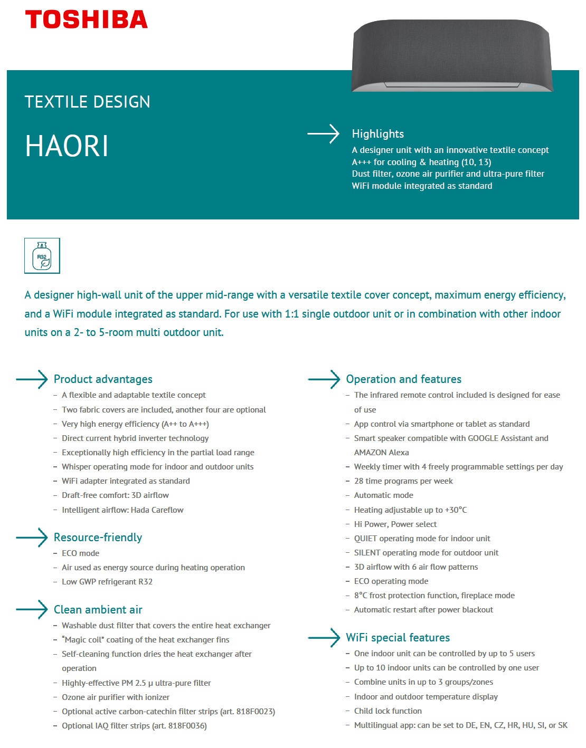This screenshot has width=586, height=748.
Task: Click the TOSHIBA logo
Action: point(86,20)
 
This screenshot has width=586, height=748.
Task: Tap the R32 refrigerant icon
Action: point(42,256)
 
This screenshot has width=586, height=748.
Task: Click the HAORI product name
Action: point(67,146)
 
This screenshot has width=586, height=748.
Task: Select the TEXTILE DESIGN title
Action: point(87,102)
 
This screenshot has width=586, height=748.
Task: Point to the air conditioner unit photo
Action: point(452,55)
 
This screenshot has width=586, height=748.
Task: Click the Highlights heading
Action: point(377,134)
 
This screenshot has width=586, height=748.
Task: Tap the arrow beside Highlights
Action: point(324,134)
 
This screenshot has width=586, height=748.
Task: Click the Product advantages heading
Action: point(103,379)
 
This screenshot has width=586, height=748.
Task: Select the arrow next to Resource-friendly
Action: point(32,538)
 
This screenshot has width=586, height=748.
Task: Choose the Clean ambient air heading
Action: point(98,610)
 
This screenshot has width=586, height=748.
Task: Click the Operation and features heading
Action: point(403,379)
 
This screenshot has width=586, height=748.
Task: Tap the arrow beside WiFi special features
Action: point(324,638)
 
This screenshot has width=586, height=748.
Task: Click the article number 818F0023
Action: point(254,712)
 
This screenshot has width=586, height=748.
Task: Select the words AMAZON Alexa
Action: point(381,453)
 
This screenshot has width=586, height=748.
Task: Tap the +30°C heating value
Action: point(456,510)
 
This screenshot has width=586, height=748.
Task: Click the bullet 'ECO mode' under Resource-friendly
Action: point(80,553)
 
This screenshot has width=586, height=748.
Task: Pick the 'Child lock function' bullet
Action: point(387,711)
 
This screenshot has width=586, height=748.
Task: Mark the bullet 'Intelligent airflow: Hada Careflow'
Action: point(122,510)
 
